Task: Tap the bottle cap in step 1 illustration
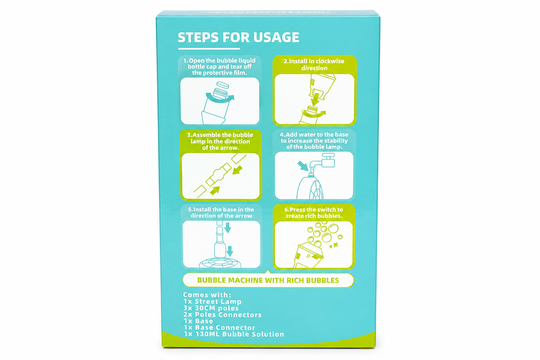coord(222,85)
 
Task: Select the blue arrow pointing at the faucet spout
coord(303,166)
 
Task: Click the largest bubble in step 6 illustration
coord(333,228)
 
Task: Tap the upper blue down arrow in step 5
coord(228,228)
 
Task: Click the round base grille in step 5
coord(220,263)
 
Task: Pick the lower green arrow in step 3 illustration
coord(215,190)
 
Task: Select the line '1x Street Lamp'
coord(212,301)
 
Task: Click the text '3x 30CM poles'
coord(211,308)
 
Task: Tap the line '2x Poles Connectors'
coord(222,315)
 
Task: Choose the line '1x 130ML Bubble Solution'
coord(234,334)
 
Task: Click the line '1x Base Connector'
coord(220,328)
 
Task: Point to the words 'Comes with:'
coord(207,295)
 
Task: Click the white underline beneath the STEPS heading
coord(209,49)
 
